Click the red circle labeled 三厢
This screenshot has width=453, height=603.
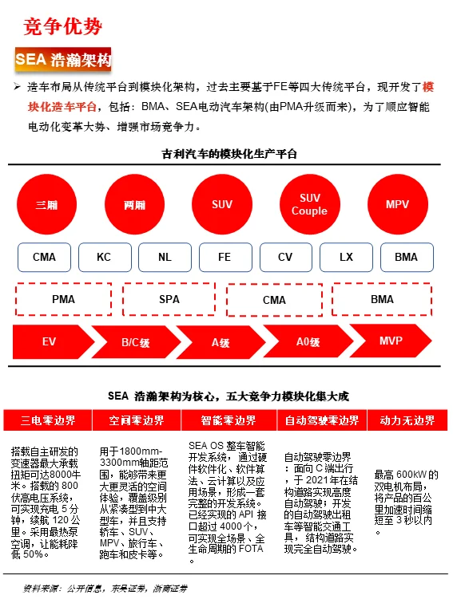(x=46, y=205)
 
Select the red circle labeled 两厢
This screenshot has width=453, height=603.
(x=134, y=205)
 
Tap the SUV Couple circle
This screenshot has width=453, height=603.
(x=309, y=205)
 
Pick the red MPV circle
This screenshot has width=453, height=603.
(x=397, y=205)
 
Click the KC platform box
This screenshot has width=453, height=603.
(x=104, y=258)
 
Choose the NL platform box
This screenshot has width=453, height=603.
(x=165, y=258)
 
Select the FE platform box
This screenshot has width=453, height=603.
(x=225, y=258)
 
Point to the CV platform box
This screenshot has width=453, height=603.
(x=285, y=258)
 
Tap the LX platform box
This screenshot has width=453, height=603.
(x=346, y=258)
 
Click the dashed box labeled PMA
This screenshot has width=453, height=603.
(x=63, y=300)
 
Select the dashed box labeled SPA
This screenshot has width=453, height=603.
(x=169, y=300)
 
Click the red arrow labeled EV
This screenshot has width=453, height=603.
(x=50, y=342)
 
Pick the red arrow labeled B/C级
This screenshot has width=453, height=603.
(x=135, y=342)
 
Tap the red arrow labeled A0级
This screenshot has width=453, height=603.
(x=308, y=342)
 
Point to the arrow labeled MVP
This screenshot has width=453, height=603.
(x=392, y=341)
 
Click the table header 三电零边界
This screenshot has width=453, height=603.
(x=48, y=420)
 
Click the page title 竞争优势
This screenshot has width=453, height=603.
(x=63, y=26)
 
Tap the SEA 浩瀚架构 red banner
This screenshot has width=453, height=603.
(x=63, y=60)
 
